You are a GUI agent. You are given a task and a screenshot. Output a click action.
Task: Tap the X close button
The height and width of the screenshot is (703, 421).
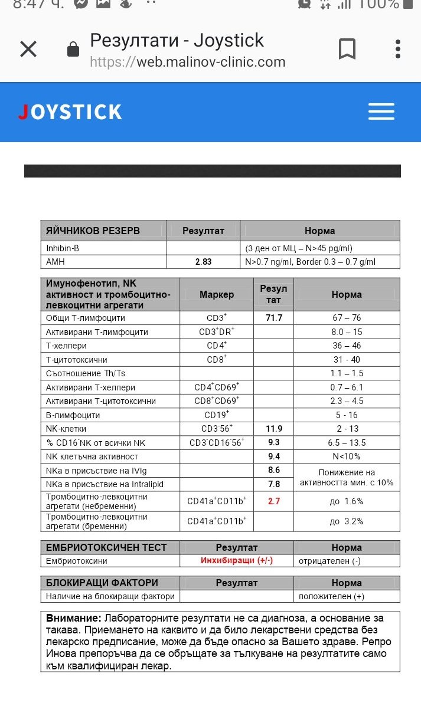(28, 50)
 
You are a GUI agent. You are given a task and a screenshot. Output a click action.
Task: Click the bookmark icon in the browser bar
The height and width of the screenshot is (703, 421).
(347, 50)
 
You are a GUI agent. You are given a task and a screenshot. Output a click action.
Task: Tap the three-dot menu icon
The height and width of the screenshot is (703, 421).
(399, 50)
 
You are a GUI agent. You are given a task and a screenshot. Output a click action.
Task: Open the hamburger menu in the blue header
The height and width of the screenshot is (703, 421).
(381, 111)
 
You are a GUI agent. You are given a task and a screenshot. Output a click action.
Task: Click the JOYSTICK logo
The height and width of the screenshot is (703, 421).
(70, 112)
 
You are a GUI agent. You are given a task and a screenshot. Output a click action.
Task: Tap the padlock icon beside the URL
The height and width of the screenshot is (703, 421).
(73, 50)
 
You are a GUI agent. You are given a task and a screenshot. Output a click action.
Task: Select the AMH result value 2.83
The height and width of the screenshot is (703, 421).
(203, 262)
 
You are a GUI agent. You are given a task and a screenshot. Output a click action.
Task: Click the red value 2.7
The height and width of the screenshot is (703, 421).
(274, 501)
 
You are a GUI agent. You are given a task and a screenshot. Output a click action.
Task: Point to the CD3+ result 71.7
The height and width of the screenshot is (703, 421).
(274, 318)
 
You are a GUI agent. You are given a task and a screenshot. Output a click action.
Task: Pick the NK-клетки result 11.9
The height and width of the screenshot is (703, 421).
(274, 429)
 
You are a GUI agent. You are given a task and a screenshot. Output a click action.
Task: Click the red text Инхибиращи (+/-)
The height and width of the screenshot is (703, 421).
(237, 560)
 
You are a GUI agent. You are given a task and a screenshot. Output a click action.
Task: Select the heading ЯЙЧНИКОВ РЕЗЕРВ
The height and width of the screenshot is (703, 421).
(93, 231)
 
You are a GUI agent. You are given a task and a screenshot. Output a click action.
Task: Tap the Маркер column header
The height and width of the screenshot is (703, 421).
(217, 294)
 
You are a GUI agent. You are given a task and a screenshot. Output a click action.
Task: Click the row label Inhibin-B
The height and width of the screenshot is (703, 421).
(63, 248)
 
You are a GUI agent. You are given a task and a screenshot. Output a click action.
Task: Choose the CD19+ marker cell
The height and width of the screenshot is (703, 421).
(217, 415)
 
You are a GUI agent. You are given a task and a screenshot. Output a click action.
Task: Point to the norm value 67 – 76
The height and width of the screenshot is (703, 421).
(347, 318)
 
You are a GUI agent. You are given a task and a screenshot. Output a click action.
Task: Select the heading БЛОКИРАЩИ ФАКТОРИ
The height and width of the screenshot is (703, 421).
(102, 583)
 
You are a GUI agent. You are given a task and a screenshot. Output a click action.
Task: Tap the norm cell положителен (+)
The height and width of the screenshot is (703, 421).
(331, 596)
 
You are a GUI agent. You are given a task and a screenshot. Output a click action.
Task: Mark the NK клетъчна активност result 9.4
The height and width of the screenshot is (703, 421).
(274, 456)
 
